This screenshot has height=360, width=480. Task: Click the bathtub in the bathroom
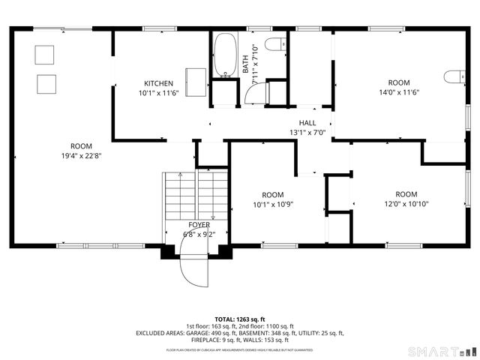click(223, 55)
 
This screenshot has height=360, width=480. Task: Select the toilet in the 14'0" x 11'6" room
click(452, 76)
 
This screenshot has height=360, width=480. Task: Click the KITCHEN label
click(159, 83)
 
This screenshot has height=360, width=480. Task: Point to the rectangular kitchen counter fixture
click(196, 82)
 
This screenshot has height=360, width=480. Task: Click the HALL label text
click(307, 123)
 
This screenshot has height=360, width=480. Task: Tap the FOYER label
click(199, 224)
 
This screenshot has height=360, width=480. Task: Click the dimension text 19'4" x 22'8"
click(81, 156)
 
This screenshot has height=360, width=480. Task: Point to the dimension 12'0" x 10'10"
click(406, 203)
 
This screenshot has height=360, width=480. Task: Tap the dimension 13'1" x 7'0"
click(307, 133)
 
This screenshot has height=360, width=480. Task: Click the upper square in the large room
click(45, 54)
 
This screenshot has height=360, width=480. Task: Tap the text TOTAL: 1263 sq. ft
click(240, 319)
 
